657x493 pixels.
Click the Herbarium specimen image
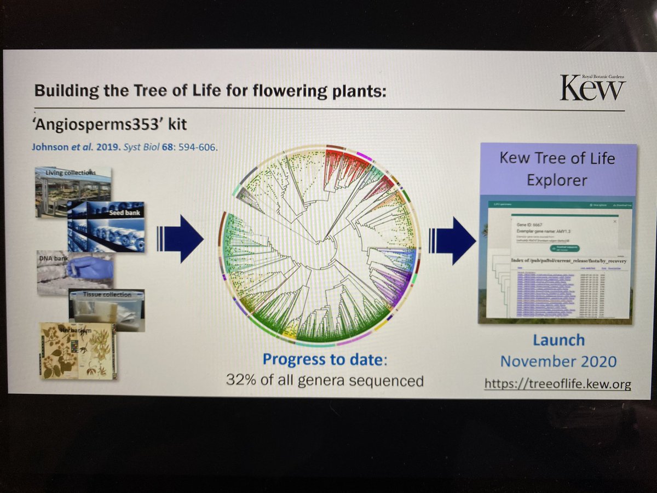tap(78, 351)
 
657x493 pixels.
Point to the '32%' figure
tap(241, 379)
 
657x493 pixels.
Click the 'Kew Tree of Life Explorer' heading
tap(557, 169)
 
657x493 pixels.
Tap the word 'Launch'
tap(558, 341)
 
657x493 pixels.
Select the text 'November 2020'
tap(558, 362)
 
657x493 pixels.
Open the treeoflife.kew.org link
tap(557, 385)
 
